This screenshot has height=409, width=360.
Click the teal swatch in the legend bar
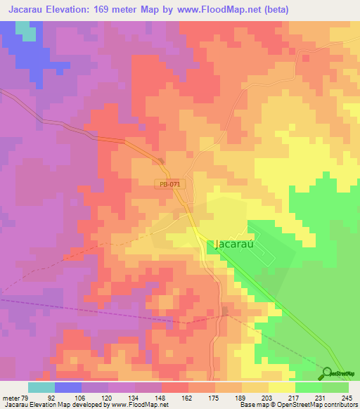(x=41, y=387)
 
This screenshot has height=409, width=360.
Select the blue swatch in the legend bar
(x=67, y=387)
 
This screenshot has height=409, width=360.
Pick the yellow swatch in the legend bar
(x=281, y=387)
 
